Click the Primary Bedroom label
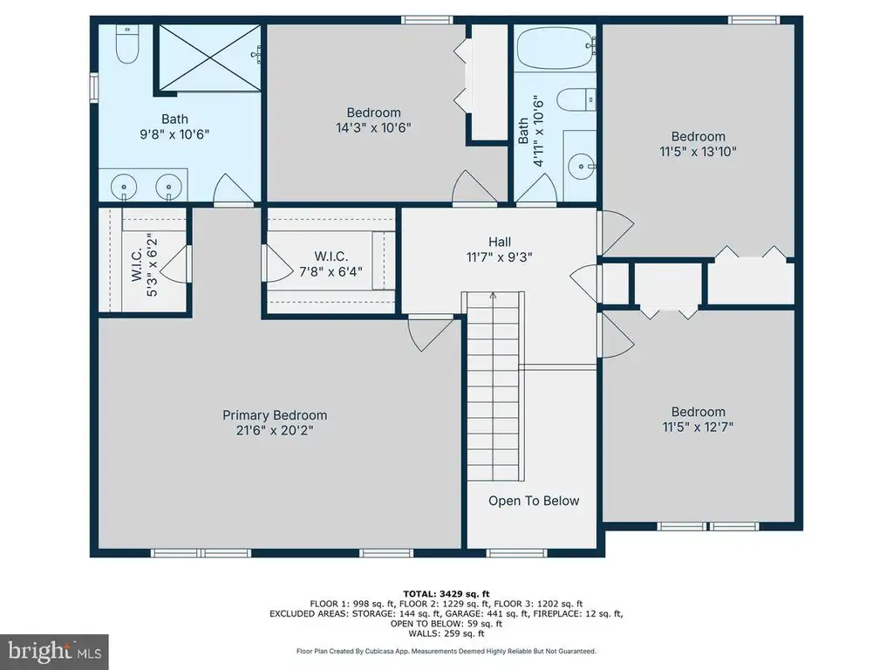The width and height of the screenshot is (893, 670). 275,415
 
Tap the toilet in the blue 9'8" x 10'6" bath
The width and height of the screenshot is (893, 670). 127,44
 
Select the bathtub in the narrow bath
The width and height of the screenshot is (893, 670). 556,48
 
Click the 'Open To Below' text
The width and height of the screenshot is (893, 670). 534,501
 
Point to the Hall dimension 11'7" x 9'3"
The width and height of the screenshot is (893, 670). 500,257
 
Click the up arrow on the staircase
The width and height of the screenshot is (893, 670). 494,296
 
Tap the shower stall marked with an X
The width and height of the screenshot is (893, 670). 209,58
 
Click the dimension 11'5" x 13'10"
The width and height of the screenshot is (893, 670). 699,152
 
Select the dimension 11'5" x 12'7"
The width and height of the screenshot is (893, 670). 699,427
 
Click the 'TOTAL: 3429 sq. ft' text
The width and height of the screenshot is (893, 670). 446,593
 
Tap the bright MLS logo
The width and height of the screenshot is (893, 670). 55,652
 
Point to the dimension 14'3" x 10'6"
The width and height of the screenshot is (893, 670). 373,127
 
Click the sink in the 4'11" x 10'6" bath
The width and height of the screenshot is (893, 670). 582,167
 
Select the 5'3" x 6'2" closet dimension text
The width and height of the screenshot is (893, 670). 152,265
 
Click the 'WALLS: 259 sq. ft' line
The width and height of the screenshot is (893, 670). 446,633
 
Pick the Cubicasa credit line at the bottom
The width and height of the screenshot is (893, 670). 446,651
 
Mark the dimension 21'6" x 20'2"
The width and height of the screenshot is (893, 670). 275,430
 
